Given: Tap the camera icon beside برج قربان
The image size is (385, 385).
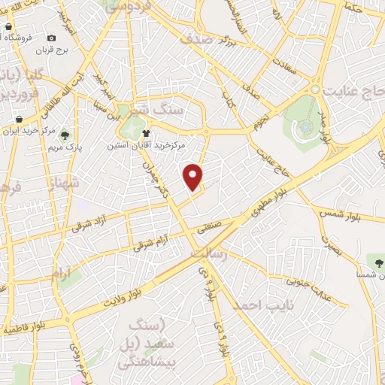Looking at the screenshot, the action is tap(51, 38).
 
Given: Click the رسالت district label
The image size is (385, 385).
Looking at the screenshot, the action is tap(210, 255).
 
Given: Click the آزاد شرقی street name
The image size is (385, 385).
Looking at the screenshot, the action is tap(91, 220).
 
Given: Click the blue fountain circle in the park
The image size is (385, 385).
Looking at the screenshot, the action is tap(306, 127).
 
